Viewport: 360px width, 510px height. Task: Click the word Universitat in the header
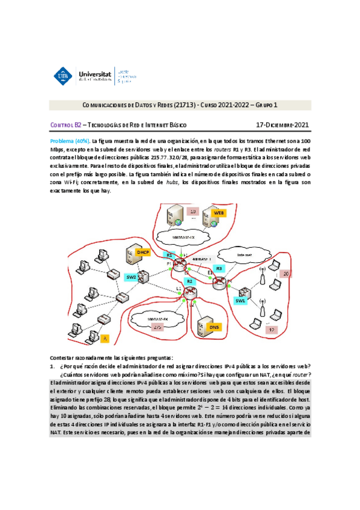point(98,72)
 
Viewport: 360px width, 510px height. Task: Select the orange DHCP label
point(144,252)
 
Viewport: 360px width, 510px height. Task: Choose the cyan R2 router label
point(189,281)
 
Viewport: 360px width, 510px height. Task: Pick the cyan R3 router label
point(219,269)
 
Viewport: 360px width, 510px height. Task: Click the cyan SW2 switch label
point(132,277)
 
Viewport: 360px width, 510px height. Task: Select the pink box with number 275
point(157,328)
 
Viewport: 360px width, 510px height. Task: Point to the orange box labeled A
point(104,339)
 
